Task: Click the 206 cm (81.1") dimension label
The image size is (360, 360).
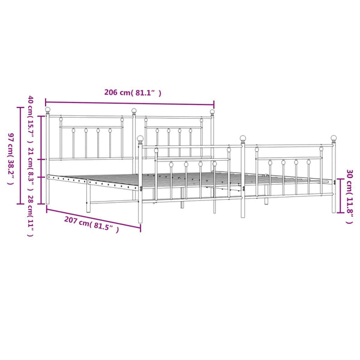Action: (133, 92)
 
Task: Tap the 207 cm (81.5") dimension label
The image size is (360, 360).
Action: (91, 224)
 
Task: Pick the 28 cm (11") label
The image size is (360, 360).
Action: (31, 216)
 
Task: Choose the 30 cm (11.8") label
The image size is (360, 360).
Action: (349, 197)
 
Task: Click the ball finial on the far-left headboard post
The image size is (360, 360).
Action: (47, 110)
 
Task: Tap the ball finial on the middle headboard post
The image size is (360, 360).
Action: (134, 110)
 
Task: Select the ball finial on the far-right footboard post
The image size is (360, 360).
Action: (334, 138)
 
